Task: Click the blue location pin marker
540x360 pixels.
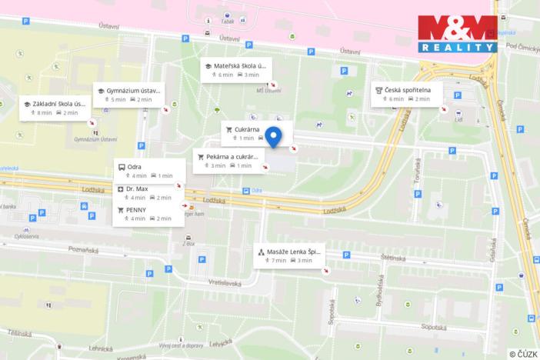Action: [272, 136]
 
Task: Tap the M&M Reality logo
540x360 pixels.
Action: [457, 34]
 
